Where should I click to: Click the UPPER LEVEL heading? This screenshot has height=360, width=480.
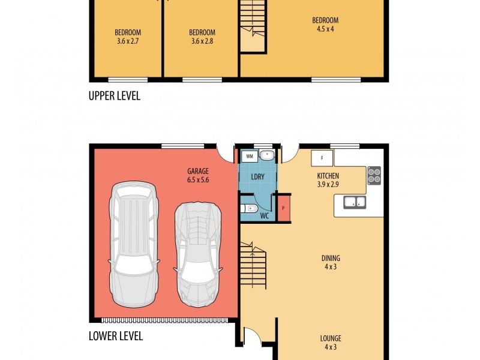tap(114, 95)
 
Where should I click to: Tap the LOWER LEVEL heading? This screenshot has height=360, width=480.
tap(115, 336)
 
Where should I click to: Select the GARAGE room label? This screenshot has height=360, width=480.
tap(198, 171)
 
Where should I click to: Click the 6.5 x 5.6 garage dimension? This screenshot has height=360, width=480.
tap(198, 179)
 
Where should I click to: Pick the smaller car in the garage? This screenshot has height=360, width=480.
tap(197, 253)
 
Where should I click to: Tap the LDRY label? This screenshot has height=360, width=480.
tap(259, 178)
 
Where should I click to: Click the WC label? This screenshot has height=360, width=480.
tap(264, 215)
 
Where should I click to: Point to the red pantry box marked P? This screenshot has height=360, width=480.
tap(284, 208)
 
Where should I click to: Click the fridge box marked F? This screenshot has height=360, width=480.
tap(322, 158)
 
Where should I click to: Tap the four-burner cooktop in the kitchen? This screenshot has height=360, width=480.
tap(374, 175)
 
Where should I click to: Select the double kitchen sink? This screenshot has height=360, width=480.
tap(355, 202)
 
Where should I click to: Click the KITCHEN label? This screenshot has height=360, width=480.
tap(328, 176)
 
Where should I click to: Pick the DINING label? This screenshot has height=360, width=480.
tap(330, 259)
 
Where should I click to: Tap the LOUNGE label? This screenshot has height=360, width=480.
tap(330, 338)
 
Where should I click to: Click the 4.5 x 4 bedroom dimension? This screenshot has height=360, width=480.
tap(325, 29)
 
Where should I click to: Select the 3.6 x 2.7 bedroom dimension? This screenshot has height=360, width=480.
tap(127, 41)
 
